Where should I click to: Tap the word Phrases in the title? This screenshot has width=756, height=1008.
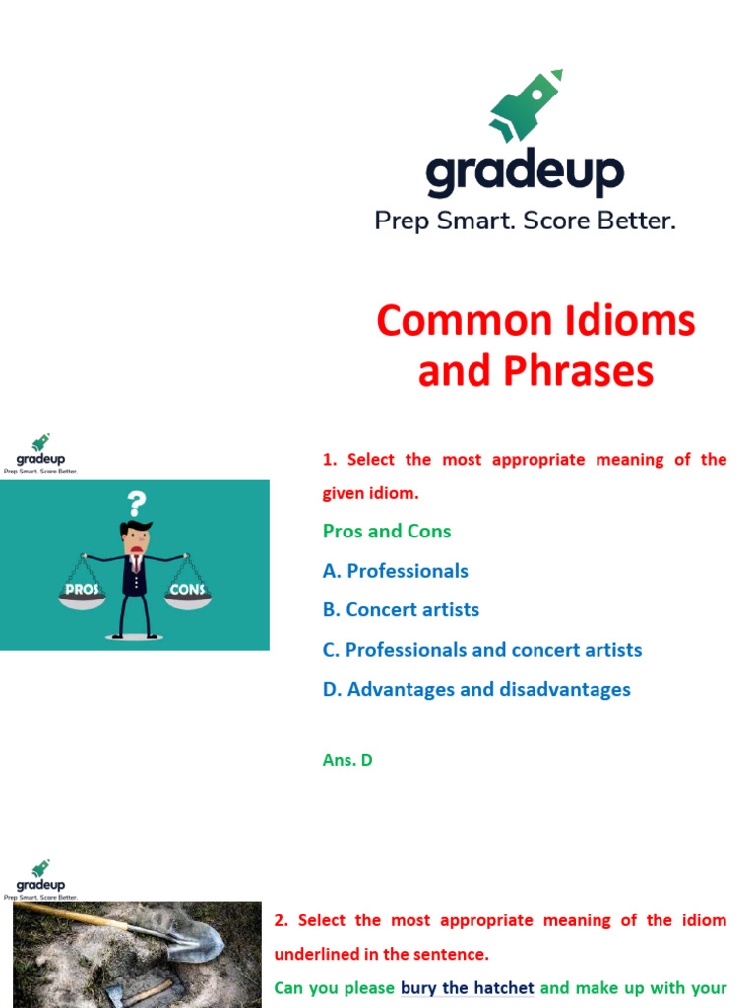[x=589, y=371]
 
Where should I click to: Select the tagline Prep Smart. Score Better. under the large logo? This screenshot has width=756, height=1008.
[x=525, y=220]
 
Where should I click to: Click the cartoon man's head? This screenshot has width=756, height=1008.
[x=135, y=537]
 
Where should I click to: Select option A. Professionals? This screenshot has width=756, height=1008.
[x=396, y=571]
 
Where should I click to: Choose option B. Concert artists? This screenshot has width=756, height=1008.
[x=401, y=610]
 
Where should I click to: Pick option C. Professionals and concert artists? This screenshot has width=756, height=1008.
[x=482, y=650]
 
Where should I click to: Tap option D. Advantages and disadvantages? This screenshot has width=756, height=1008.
[x=476, y=690]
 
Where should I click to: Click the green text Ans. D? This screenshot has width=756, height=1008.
[x=347, y=760]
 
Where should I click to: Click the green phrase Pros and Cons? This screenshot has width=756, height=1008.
[x=387, y=532]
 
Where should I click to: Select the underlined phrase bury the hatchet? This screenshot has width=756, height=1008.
[x=468, y=988]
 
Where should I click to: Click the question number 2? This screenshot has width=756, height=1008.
[x=281, y=921]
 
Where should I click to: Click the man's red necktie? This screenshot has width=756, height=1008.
[x=136, y=565]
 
